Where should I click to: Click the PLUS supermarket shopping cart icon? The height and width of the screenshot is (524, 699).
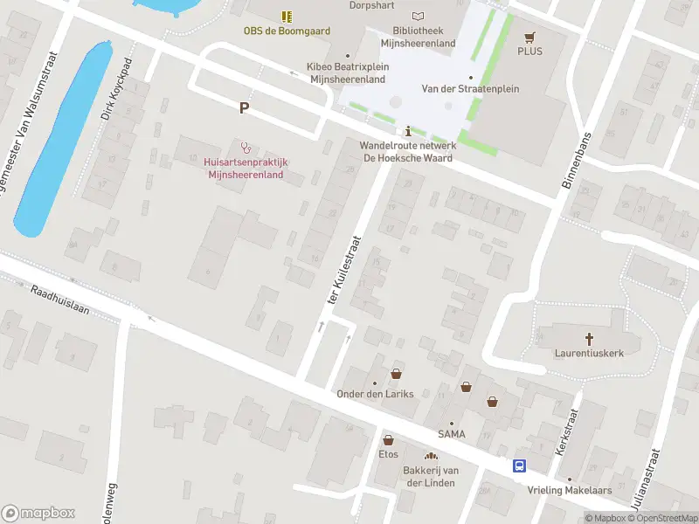pyautogui.click(x=529, y=37)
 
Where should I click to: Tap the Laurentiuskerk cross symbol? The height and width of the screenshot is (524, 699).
pyautogui.click(x=589, y=339)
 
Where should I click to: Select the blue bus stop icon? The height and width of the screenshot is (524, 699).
pyautogui.click(x=519, y=466)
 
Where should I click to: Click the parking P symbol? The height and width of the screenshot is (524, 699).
pyautogui.click(x=245, y=108)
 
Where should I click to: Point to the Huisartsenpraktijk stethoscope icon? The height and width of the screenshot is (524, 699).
pyautogui.click(x=246, y=147)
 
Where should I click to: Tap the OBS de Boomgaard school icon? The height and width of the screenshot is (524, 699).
pyautogui.click(x=286, y=16)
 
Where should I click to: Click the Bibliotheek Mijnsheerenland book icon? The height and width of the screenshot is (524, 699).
pyautogui.click(x=418, y=16)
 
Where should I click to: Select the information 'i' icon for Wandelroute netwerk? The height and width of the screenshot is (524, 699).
pyautogui.click(x=407, y=131)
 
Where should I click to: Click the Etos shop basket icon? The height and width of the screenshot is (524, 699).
pyautogui.click(x=388, y=440)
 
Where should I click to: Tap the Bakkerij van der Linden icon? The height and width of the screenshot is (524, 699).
pyautogui.click(x=430, y=456)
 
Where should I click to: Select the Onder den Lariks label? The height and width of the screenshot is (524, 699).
pyautogui.click(x=375, y=394)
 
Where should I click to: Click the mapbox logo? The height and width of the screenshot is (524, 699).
pyautogui.click(x=38, y=514)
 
